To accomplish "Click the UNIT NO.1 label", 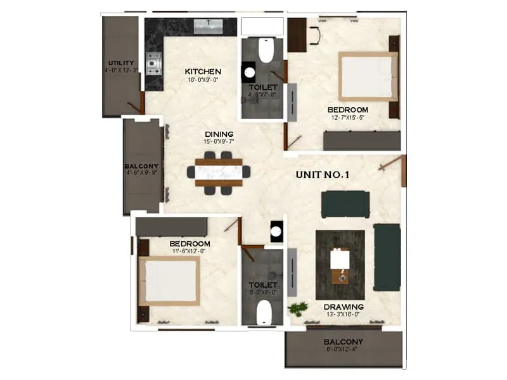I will [x=323, y=176].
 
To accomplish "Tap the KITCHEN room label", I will [x=203, y=71].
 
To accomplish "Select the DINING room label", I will [x=219, y=134].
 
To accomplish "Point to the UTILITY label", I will [x=121, y=63].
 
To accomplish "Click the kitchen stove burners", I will [x=153, y=61].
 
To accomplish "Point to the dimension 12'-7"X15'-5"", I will [x=348, y=118].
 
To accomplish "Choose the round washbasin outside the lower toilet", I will [x=276, y=231].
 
